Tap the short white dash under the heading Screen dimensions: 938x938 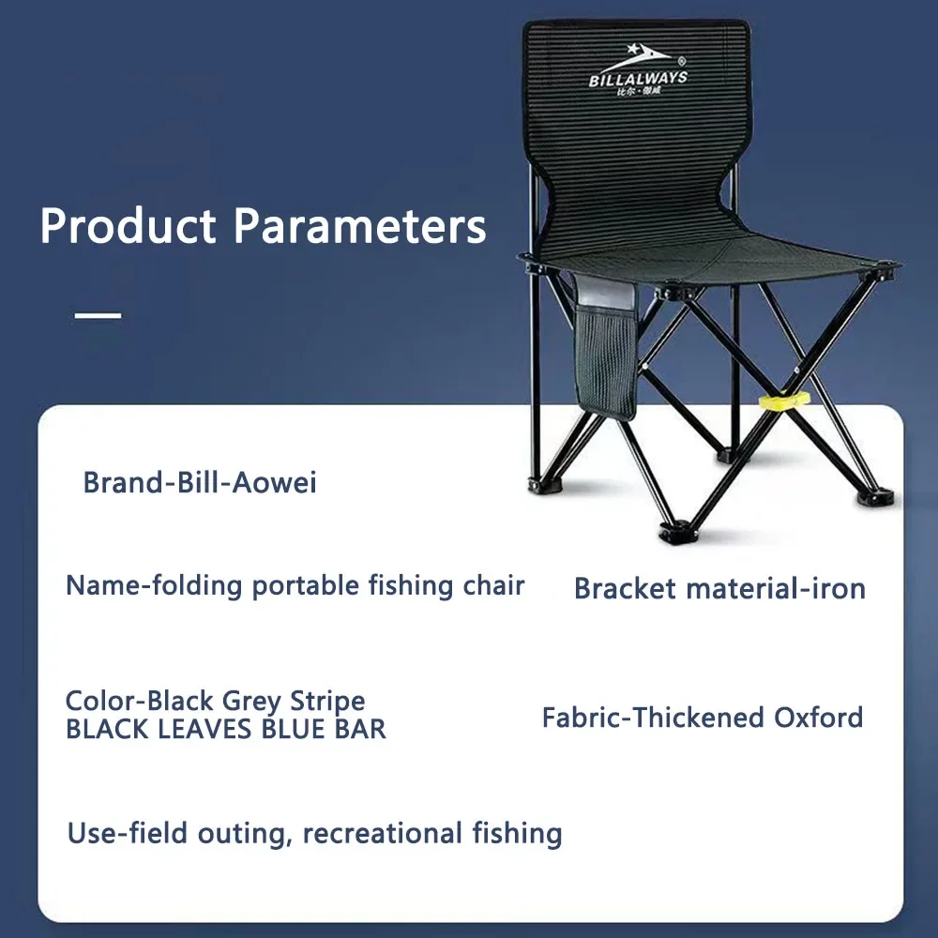(x=98, y=315)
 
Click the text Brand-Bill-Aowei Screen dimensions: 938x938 (x=200, y=482)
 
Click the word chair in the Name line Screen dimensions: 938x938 (x=494, y=585)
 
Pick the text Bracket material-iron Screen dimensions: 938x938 (x=719, y=589)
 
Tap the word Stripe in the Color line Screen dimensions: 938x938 (x=327, y=701)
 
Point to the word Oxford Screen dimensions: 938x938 (x=818, y=718)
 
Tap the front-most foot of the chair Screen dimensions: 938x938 (x=675, y=530)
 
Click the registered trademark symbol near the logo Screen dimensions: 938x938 (x=683, y=60)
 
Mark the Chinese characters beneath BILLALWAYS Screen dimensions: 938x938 (x=638, y=92)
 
